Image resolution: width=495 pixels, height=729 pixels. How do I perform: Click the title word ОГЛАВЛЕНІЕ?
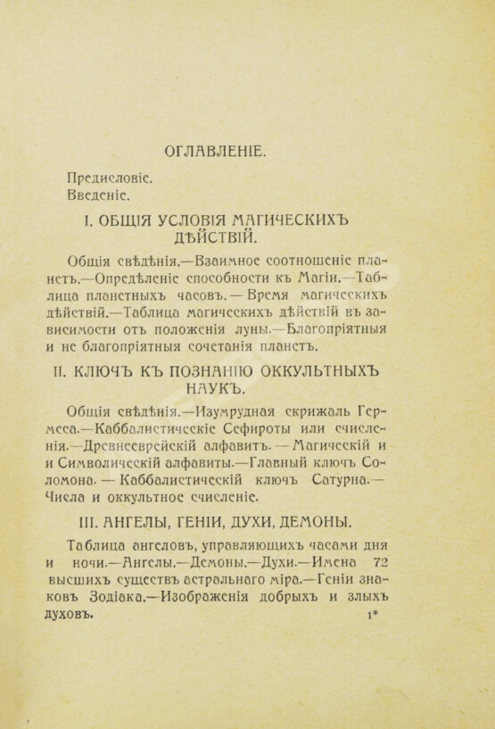click(x=212, y=152)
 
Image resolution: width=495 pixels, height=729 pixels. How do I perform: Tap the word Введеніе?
click(x=98, y=195)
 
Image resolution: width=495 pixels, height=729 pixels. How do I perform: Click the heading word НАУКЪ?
click(x=212, y=387)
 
